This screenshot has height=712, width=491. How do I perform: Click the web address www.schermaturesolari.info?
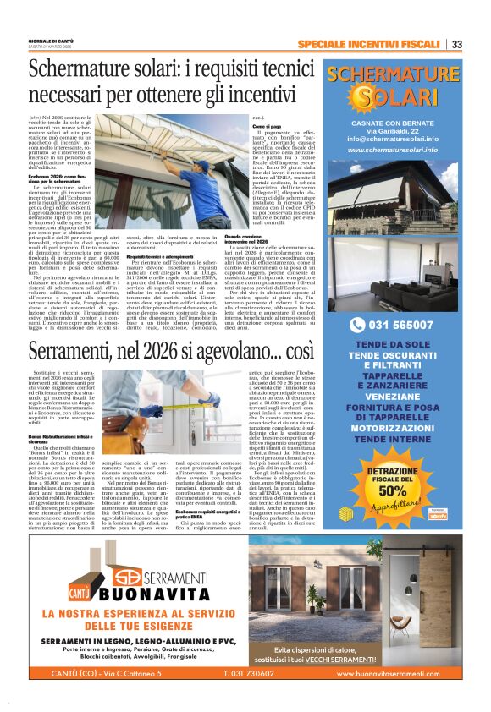coord(392,150)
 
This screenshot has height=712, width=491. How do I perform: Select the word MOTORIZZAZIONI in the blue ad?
coord(392,427)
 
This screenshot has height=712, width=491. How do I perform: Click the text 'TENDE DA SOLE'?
coord(392,345)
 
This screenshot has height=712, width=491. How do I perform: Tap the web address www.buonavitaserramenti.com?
coord(396,673)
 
